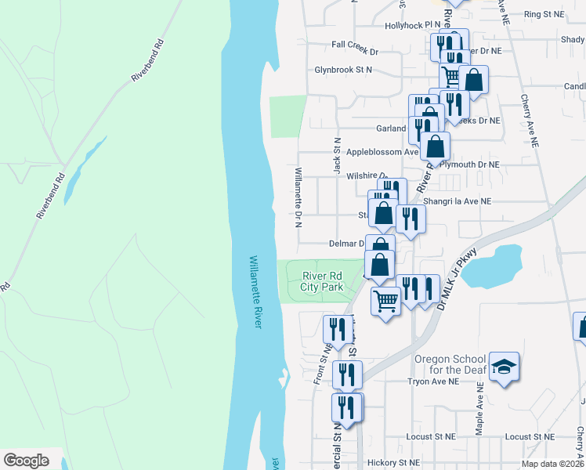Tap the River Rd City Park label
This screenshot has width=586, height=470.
point(322,280)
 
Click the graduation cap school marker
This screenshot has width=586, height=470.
point(505,367)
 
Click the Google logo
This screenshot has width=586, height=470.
point(26,461)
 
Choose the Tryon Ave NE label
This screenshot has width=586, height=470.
point(432,381)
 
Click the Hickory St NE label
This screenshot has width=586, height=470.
point(397,463)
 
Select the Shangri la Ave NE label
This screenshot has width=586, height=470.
point(457,201)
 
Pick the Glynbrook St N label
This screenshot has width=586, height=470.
point(343,70)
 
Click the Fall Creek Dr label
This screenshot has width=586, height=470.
point(355,52)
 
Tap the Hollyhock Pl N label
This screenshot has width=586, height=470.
point(413,26)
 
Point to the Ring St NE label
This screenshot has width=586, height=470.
point(544,14)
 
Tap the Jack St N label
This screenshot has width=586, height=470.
point(337,154)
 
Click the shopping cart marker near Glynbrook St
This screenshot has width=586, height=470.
point(452,77)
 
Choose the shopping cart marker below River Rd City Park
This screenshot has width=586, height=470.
point(385,299)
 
